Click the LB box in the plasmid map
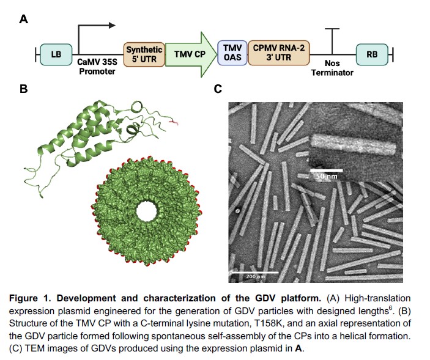[x=56, y=54]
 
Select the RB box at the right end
[x=371, y=54]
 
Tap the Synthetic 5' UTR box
[x=144, y=54]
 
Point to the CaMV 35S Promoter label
[x=97, y=67]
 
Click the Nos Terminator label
[x=332, y=68]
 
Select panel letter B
[x=24, y=90]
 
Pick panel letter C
[x=217, y=90]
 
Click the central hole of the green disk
[x=147, y=210]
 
